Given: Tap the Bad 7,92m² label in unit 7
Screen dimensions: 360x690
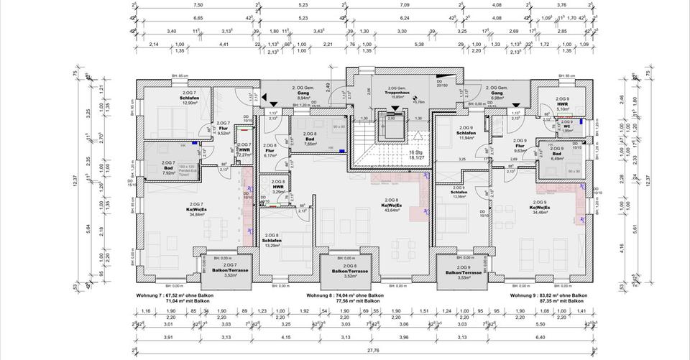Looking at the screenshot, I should pyautogui.click(x=170, y=170).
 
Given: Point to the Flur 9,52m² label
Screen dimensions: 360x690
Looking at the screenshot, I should pyautogui.click(x=223, y=129).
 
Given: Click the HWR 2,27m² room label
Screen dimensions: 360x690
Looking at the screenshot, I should pyautogui.click(x=244, y=151).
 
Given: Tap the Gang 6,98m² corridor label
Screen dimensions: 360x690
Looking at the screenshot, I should pyautogui.click(x=496, y=94).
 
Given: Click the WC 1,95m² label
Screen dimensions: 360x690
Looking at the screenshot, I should pyautogui.click(x=566, y=127).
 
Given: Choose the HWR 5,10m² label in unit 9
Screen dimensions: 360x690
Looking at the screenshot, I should pyautogui.click(x=562, y=106).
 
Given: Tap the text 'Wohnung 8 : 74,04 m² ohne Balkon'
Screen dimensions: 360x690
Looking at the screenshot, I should pyautogui.click(x=345, y=295).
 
